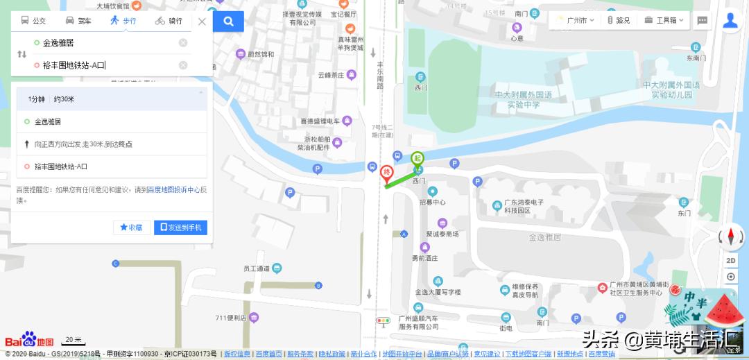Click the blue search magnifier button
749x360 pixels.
pyautogui.click(x=228, y=22)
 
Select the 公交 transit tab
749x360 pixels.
pyautogui.click(x=33, y=21)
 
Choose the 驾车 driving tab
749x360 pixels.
pyautogui.click(x=78, y=21)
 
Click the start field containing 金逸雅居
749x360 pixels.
pyautogui.click(x=104, y=43)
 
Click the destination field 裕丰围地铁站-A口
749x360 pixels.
pyautogui.click(x=104, y=65)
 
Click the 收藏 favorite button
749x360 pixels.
pyautogui.click(x=131, y=227)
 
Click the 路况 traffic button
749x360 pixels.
pyautogui.click(x=619, y=21)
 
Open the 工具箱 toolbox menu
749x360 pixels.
pyautogui.click(x=664, y=21)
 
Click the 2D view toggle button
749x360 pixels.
pyautogui.click(x=731, y=260)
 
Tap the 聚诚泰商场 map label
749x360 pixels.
pyautogui.click(x=442, y=234)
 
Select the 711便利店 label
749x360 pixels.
pyautogui.click(x=231, y=318)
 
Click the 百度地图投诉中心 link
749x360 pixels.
pyautogui.click(x=173, y=189)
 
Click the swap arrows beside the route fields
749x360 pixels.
pyautogui.click(x=21, y=54)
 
